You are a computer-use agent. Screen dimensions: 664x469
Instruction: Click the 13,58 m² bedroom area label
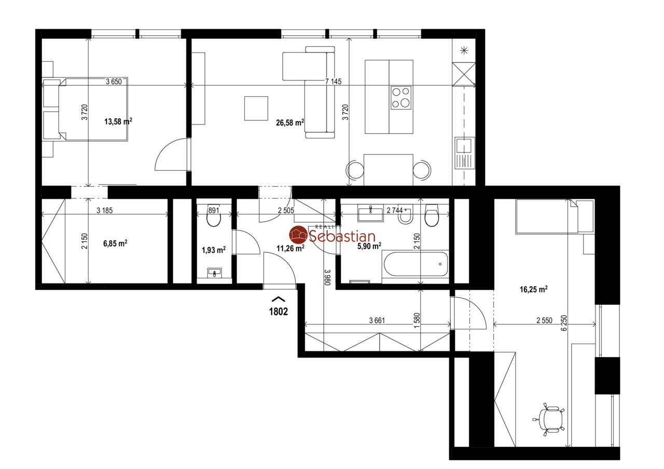coord(118,121)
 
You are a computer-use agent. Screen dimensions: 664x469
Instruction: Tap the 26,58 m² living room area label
coord(289,122)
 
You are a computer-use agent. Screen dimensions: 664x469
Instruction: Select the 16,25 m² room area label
coord(534,289)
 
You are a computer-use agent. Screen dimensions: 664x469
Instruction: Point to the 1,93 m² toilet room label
coord(213,250)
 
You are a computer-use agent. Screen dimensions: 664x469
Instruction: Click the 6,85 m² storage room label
coord(115,244)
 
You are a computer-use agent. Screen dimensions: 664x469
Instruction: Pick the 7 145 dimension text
coord(333,81)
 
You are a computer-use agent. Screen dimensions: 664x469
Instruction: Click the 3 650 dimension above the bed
coord(114,81)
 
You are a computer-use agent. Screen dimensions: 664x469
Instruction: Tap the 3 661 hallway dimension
coord(377,320)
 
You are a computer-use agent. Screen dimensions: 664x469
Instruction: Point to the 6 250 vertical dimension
coord(564,323)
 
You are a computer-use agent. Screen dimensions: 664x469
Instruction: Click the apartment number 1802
coord(279,311)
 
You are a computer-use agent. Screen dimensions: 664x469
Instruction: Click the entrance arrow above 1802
coord(279,299)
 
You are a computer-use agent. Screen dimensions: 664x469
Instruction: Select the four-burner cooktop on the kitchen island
coord(401,97)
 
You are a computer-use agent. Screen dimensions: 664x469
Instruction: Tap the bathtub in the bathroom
coord(416,264)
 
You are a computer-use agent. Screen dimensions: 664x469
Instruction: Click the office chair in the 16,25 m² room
coord(549,419)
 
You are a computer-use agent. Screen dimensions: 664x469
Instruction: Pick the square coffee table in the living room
coord(256,108)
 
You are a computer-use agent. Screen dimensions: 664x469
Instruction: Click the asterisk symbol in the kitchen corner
coord(464,51)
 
